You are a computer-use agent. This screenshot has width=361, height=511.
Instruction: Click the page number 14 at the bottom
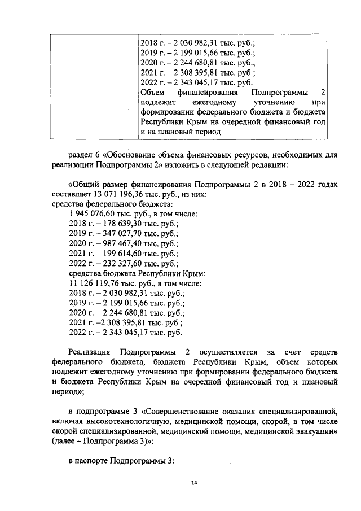[194, 483]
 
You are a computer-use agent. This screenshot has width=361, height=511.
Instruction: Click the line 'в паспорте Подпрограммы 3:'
[122, 461]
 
